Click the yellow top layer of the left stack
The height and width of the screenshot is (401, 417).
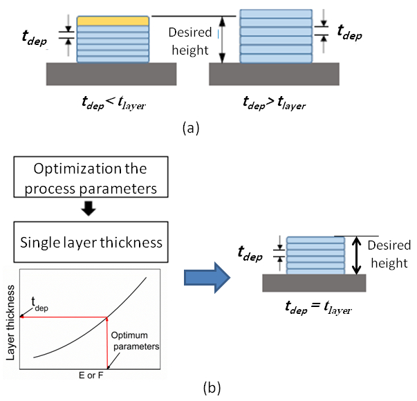(x=113, y=21)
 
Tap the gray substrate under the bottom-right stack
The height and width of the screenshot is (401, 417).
(x=315, y=283)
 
